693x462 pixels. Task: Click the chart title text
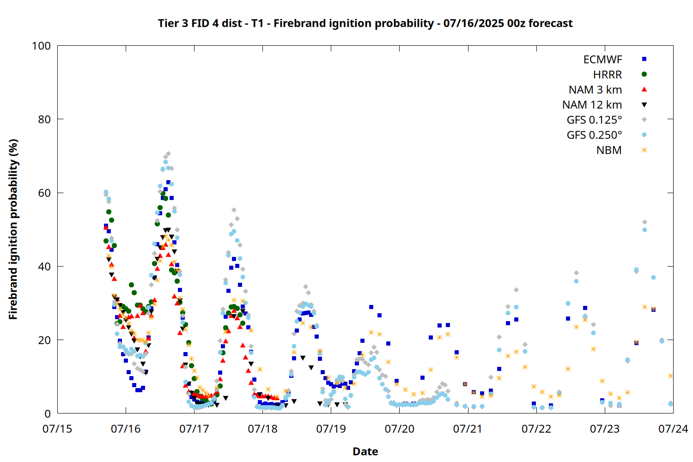[365, 23]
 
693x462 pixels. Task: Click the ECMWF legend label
[602, 60]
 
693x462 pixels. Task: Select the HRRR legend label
[608, 74]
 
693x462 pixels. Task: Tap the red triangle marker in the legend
[644, 90]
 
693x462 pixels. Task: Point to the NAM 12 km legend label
[592, 105]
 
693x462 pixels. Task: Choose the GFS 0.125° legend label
[594, 120]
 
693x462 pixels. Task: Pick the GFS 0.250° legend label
[594, 135]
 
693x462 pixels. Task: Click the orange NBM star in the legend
[644, 150]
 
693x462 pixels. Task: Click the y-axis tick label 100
[41, 46]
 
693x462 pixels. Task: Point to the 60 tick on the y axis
[44, 193]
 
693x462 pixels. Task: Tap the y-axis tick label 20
[44, 340]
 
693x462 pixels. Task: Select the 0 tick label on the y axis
[48, 413]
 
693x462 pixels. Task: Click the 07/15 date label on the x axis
[57, 429]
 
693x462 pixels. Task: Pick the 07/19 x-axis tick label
[331, 429]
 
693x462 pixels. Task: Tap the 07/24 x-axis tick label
[673, 429]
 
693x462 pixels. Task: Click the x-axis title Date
[365, 451]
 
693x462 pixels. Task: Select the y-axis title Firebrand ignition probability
[13, 229]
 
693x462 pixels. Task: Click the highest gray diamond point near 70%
[168, 154]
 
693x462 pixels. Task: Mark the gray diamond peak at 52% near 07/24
[645, 222]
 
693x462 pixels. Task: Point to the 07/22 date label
[536, 429]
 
